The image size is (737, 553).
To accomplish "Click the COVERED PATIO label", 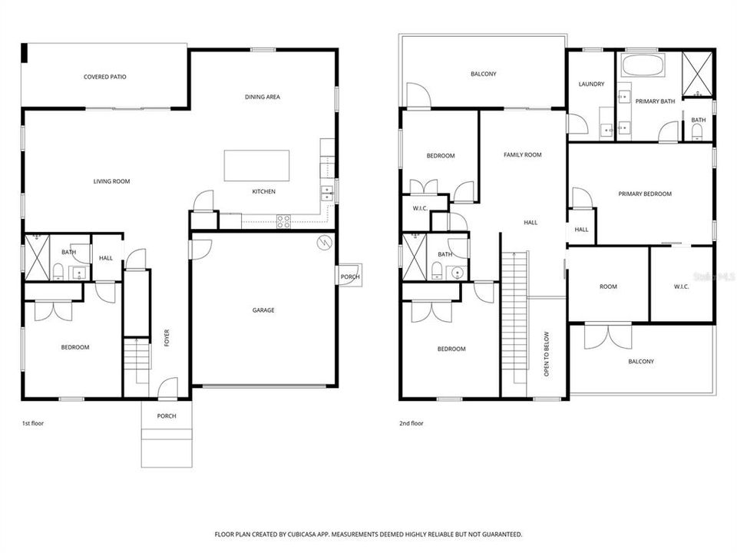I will pos(105,77).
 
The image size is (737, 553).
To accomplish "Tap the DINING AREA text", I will pos(262,97).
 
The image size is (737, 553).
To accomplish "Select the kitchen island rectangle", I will pos(256,165).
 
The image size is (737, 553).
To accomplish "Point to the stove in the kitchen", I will pos(283,222).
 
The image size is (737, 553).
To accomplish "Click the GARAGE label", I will pos(263,310).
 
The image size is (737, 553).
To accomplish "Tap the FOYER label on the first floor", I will pos(167,337).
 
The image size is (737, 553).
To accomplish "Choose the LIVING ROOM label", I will pos(111,181).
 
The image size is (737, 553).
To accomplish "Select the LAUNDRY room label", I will pos(591,84).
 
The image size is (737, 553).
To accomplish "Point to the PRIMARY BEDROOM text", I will pos(645,194).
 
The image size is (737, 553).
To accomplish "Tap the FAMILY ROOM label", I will pos(522,155).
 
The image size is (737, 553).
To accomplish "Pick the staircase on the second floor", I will pos(514,323).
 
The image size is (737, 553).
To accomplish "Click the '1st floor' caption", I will pos(33,423).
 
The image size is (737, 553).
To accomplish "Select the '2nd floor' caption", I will pos(411,423).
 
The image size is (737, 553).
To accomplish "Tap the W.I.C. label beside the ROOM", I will pos(681,287).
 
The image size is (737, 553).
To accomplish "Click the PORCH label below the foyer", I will pos(167,416).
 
